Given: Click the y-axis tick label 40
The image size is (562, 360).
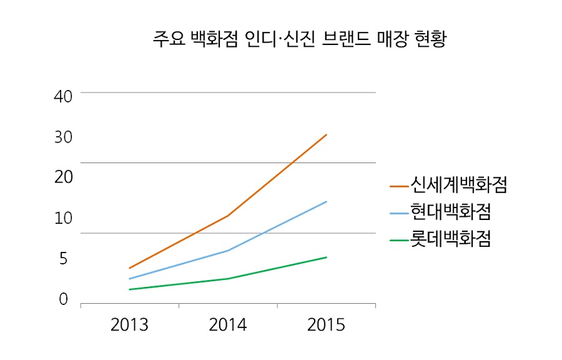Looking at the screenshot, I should [x=64, y=96].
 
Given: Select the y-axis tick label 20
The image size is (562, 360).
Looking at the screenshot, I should [x=64, y=177].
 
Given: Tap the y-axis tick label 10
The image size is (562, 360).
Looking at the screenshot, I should [x=64, y=219].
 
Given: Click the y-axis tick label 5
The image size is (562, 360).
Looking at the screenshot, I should [x=63, y=258].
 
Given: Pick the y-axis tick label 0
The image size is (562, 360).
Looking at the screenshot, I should [x=63, y=299].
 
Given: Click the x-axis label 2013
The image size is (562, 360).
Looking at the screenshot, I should [x=129, y=325].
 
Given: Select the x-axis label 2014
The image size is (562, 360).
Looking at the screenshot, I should [x=228, y=325].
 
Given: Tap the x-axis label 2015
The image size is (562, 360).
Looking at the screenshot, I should [x=326, y=325].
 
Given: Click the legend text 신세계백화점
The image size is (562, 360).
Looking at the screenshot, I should [x=458, y=185].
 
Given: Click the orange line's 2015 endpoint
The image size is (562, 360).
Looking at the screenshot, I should [x=327, y=134].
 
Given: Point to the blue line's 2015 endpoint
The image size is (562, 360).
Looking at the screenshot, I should [x=327, y=201].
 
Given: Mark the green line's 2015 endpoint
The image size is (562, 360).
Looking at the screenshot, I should [x=327, y=257].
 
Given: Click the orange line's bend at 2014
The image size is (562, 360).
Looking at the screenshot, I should [x=229, y=216].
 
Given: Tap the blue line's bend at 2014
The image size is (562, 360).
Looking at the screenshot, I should [x=229, y=250].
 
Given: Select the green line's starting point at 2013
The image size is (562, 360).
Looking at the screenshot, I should [x=130, y=289].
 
